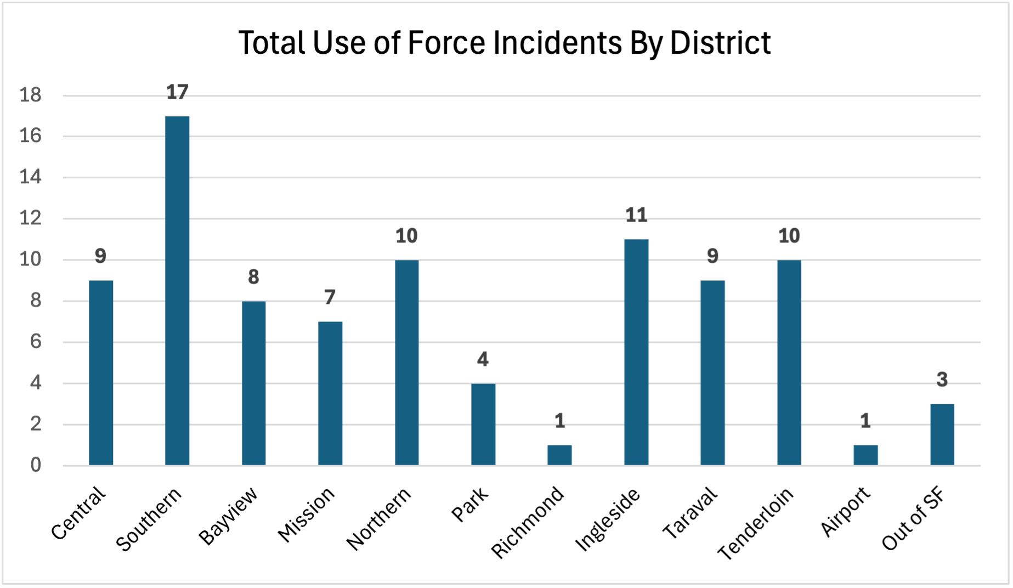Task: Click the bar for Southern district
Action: pyautogui.click(x=177, y=291)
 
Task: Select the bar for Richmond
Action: pyautogui.click(x=559, y=455)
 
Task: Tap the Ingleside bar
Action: pyautogui.click(x=636, y=352)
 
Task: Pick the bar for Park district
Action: pyautogui.click(x=483, y=424)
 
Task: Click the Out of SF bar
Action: pyautogui.click(x=942, y=434)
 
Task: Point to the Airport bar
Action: pyautogui.click(x=865, y=455)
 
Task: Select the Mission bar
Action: pyautogui.click(x=330, y=393)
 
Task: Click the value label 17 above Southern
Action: pyautogui.click(x=177, y=92)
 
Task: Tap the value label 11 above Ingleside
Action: pyautogui.click(x=636, y=215)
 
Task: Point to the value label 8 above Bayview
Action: pyautogui.click(x=253, y=277)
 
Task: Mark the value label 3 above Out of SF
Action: pyautogui.click(x=942, y=380)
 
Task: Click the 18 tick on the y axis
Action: pyautogui.click(x=31, y=95)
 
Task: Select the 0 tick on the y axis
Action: pyautogui.click(x=36, y=465)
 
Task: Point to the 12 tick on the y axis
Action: pyautogui.click(x=31, y=219)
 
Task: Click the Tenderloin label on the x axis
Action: pyautogui.click(x=756, y=524)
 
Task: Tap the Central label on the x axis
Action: pyautogui.click(x=78, y=513)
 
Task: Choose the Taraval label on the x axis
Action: pyautogui.click(x=690, y=513)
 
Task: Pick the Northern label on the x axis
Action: pyautogui.click(x=379, y=518)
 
